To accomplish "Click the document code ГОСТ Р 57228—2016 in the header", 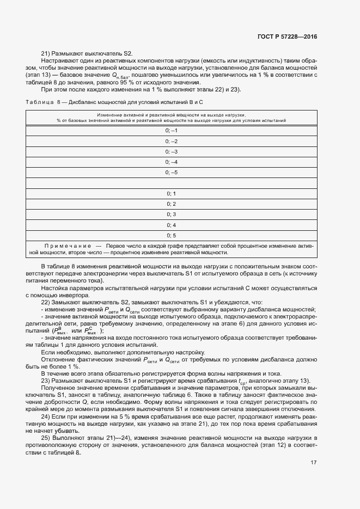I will tap(286, 36).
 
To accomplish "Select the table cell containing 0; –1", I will tap(171, 131).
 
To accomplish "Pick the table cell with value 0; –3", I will tap(171, 151).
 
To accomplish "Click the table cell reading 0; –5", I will tap(171, 173).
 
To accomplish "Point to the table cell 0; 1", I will tap(171, 193).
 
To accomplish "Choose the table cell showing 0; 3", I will tap(171, 214).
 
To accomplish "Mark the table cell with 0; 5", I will tap(171, 235).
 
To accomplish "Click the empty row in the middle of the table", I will tap(171, 183).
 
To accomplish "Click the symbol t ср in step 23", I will tap(242, 381).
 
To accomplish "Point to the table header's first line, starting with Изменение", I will tap(171, 115).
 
